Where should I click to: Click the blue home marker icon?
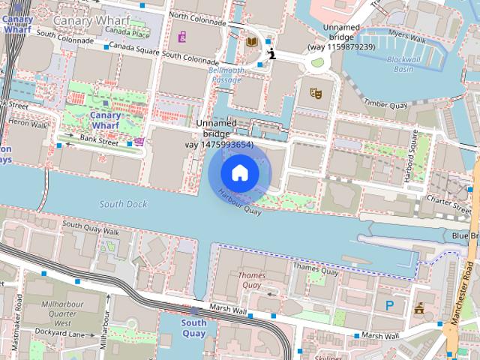(x=239, y=172)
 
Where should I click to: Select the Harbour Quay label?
(x=238, y=202)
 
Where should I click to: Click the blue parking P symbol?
(x=389, y=305)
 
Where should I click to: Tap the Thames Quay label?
(x=252, y=280)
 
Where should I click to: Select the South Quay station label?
(x=193, y=328)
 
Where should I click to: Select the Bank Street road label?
(x=99, y=139)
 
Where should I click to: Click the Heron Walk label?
(x=28, y=124)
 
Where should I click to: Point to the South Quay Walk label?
(x=91, y=225)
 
